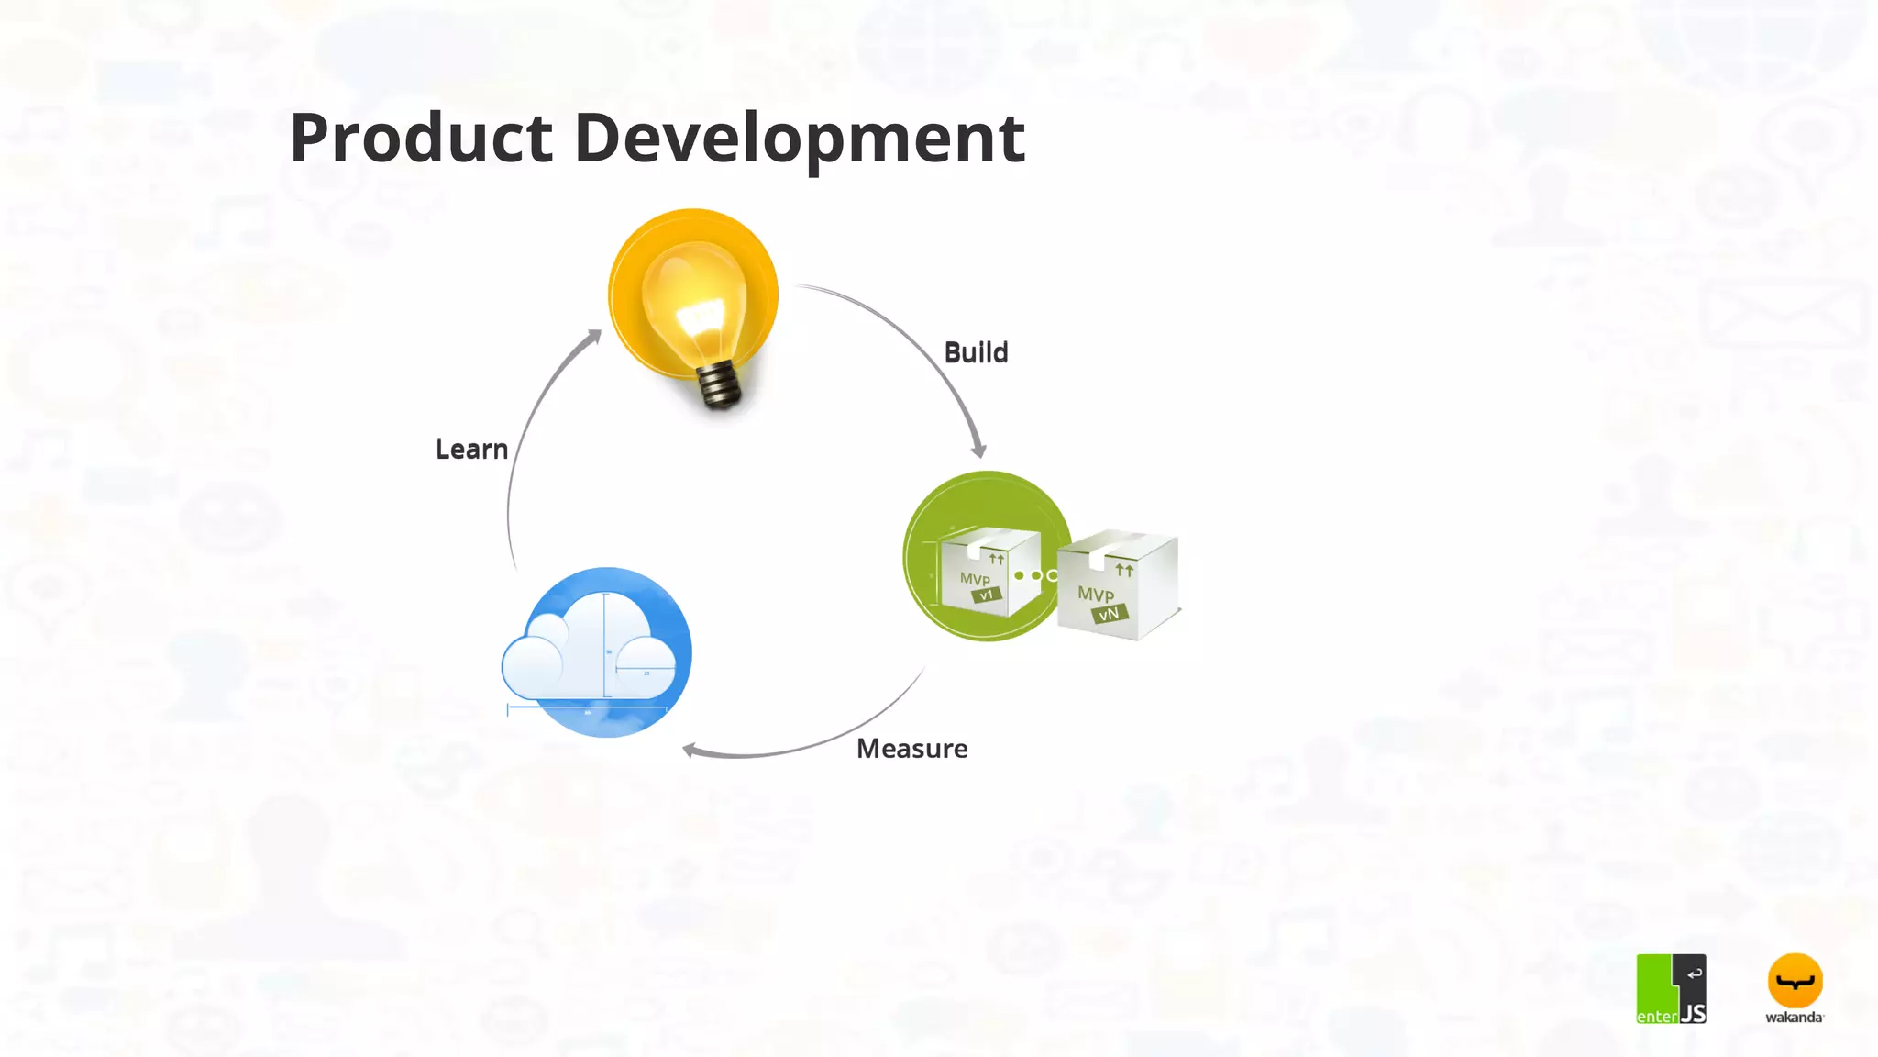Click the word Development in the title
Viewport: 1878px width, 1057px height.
[x=799, y=139]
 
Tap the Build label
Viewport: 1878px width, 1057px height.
[x=976, y=352]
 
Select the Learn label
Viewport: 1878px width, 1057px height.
[x=471, y=449]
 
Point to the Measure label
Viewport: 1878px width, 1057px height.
[x=911, y=749]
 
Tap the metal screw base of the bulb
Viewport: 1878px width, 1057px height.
[x=721, y=385]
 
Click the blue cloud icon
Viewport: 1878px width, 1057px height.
[x=598, y=652]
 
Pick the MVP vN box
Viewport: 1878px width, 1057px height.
[x=1116, y=587]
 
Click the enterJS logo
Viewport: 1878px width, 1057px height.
[x=1671, y=988]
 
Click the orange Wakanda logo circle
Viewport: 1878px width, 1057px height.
[x=1795, y=981]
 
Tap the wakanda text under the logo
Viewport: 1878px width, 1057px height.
[x=1794, y=1017]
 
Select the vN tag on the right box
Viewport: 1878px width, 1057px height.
[x=1110, y=613]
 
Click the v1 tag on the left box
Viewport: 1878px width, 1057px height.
[x=986, y=595]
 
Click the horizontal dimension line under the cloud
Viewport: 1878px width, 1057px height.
[x=587, y=707]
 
